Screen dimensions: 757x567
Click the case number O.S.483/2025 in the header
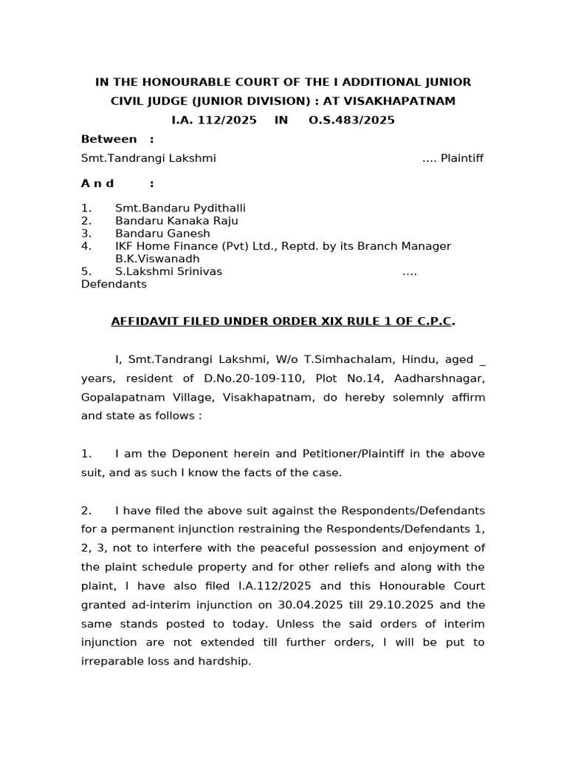[x=351, y=120]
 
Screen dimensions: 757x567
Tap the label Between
[x=109, y=139]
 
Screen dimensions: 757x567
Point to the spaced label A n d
[x=98, y=183]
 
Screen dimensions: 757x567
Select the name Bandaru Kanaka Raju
[x=176, y=221]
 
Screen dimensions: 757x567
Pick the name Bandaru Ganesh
[x=162, y=234]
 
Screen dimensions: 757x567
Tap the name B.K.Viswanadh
[x=157, y=259]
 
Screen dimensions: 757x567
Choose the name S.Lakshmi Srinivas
[x=168, y=271]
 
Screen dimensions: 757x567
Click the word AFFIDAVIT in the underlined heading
[x=144, y=322]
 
